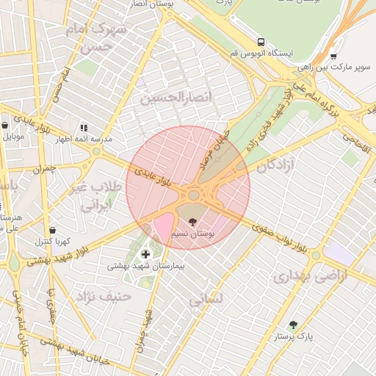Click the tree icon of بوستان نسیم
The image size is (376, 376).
[193, 221]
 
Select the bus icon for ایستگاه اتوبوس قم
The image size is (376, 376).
[261, 42]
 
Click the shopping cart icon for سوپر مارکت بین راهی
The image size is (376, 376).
[333, 55]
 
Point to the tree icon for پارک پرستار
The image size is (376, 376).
[294, 325]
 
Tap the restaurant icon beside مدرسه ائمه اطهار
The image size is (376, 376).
[84, 127]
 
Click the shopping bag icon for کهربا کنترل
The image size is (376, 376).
[52, 230]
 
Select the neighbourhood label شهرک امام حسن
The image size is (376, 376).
[92, 37]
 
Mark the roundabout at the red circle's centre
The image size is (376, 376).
[194, 195]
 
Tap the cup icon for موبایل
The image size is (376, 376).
[4, 126]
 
